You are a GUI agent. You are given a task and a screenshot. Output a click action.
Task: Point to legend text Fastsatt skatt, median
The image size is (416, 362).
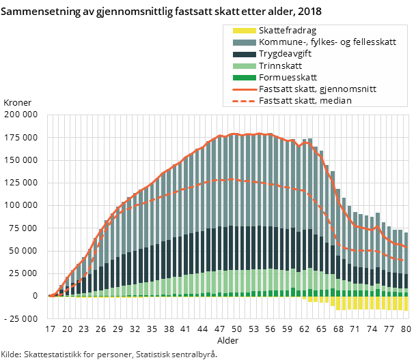pos(305,101)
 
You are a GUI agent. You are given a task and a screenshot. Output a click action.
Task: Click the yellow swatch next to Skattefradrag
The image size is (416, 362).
pos(244,31)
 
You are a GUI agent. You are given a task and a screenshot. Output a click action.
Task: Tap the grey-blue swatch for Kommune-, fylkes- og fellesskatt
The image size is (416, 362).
pos(244,42)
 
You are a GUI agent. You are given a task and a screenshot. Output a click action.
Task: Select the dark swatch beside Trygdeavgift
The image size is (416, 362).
pos(244,54)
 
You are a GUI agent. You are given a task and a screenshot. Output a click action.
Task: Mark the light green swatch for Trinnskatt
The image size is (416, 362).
pos(244,66)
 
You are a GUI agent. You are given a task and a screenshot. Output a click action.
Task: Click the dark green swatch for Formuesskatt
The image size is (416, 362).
pos(244,78)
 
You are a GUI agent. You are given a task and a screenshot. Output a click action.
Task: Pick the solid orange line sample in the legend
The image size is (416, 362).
pos(244,89)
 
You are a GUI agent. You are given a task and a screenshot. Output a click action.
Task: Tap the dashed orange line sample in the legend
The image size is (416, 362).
pos(244,101)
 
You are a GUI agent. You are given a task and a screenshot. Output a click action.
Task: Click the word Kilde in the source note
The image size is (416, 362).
pos(10,355)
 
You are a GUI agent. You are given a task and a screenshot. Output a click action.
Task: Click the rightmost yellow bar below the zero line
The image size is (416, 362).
pos(406,303)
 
